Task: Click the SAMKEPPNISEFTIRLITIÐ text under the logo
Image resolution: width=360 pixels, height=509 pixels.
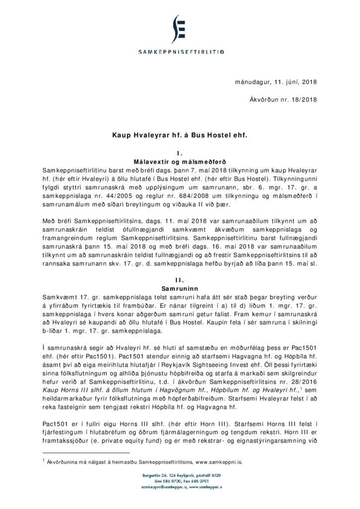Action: pyautogui.click(x=180, y=51)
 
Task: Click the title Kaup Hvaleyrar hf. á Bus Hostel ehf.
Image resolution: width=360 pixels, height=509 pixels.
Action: pyautogui.click(x=180, y=134)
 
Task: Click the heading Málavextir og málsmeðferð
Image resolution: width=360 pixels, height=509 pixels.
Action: pyautogui.click(x=180, y=162)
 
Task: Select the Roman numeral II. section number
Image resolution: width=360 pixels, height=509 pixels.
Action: pyautogui.click(x=180, y=280)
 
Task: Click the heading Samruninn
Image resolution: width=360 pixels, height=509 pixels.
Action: pyautogui.click(x=180, y=288)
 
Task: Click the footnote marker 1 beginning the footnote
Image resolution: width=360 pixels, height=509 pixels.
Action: pyautogui.click(x=44, y=461)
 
